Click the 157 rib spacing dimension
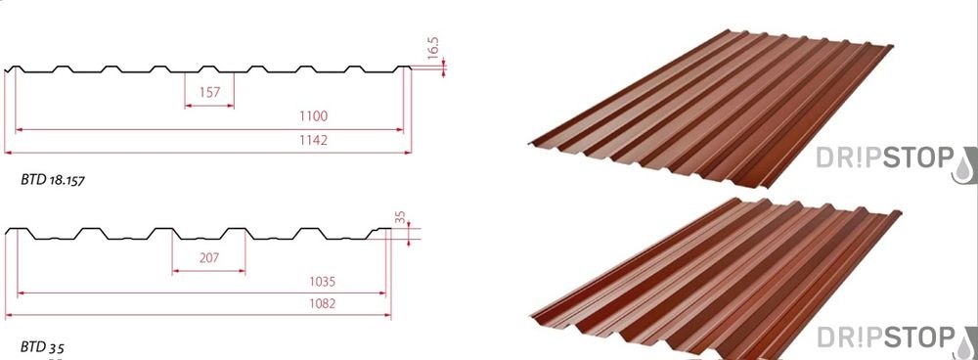pyautogui.click(x=209, y=92)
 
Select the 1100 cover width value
pyautogui.click(x=313, y=116)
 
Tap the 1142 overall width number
pyautogui.click(x=313, y=140)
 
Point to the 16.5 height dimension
pyautogui.click(x=433, y=48)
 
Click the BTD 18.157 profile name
pyautogui.click(x=53, y=180)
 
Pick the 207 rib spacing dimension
pyautogui.click(x=209, y=257)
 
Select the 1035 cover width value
pyautogui.click(x=322, y=282)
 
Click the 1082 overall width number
pyautogui.click(x=322, y=304)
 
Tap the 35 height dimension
pyautogui.click(x=400, y=217)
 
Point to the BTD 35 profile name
pyautogui.click(x=42, y=347)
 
